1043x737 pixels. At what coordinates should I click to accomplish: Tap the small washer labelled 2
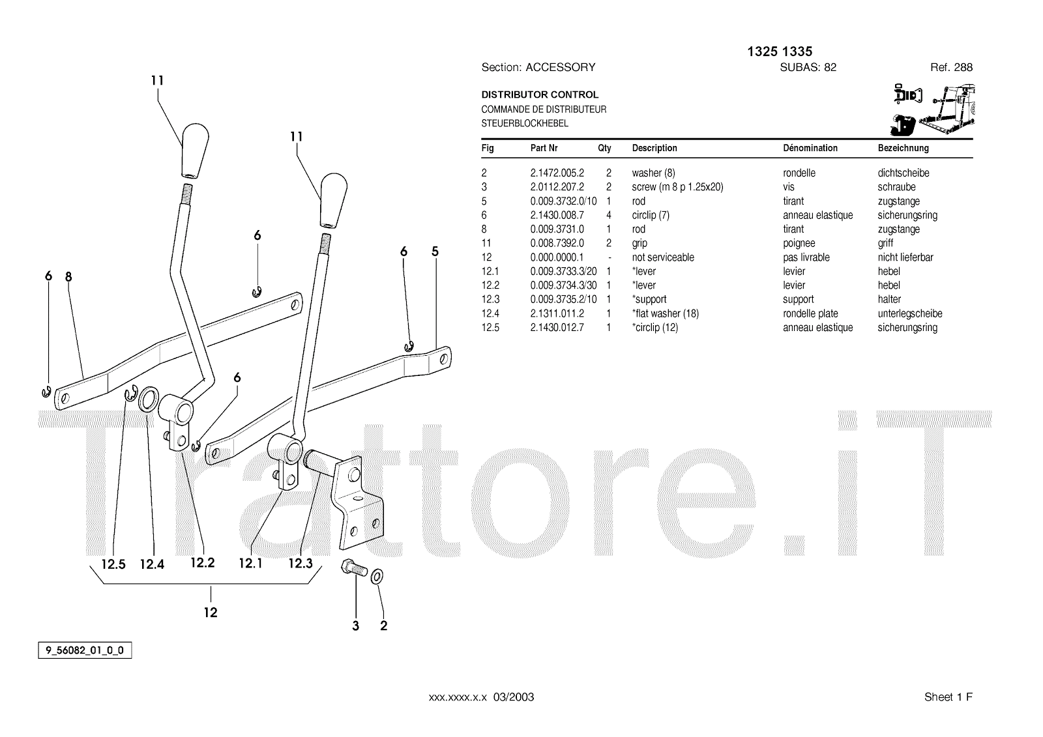pos(377,577)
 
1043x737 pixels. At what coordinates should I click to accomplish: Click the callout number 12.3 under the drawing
pos(301,563)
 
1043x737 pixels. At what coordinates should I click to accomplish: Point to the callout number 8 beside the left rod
pos(68,276)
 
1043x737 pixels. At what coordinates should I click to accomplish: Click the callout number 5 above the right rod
pos(435,252)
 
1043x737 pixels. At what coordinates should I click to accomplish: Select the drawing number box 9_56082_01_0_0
pos(85,650)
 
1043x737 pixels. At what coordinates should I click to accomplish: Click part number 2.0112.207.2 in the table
pos(557,187)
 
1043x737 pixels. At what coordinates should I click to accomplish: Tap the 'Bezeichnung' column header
pos(903,148)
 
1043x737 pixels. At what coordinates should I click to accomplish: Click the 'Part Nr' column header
pos(544,148)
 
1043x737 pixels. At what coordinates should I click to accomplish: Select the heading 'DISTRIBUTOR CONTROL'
pos(540,94)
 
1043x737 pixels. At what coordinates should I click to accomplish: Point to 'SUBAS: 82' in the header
pos(808,67)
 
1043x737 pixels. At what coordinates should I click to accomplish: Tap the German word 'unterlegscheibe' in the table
pos(910,313)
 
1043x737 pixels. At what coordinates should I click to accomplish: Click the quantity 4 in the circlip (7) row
pos(608,215)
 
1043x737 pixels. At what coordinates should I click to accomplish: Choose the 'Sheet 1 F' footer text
pos(948,697)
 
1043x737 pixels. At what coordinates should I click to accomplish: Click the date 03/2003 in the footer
pos(513,697)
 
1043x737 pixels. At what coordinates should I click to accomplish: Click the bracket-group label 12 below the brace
pos(211,612)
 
